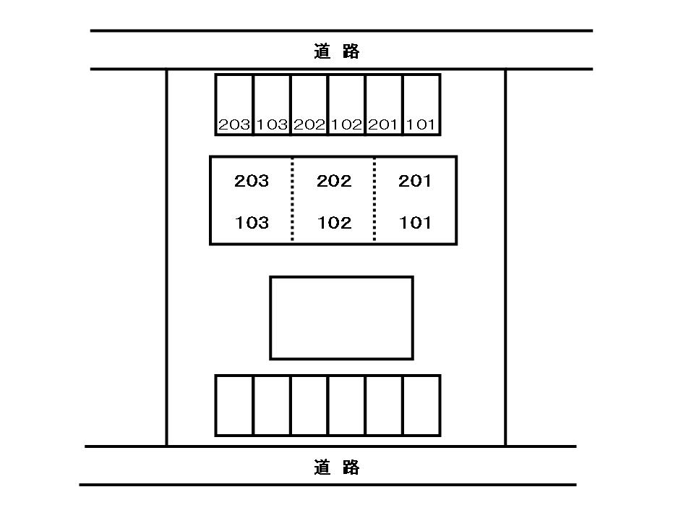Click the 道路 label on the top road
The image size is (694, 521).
click(337, 51)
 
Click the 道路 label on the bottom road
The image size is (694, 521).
click(337, 467)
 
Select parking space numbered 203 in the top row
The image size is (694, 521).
click(234, 105)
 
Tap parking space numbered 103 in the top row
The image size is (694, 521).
click(272, 105)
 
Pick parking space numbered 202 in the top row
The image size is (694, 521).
click(309, 105)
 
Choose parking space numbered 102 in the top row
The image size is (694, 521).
click(346, 105)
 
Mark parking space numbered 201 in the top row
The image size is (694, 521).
click(384, 105)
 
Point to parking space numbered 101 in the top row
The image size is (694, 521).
click(421, 105)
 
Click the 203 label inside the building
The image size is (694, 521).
click(252, 181)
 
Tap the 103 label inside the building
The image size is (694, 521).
click(252, 223)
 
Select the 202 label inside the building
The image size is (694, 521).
click(334, 181)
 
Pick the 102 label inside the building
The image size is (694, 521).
click(334, 223)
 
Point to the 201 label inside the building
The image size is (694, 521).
click(416, 181)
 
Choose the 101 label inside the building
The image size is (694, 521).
click(416, 223)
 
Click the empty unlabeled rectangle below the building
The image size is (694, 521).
click(341, 318)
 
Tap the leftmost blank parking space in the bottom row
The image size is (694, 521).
click(234, 405)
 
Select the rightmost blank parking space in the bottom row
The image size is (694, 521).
click(421, 405)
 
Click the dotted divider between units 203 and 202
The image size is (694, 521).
click(292, 200)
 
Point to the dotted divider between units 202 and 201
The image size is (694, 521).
click(374, 200)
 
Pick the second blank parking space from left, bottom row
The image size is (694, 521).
click(272, 405)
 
